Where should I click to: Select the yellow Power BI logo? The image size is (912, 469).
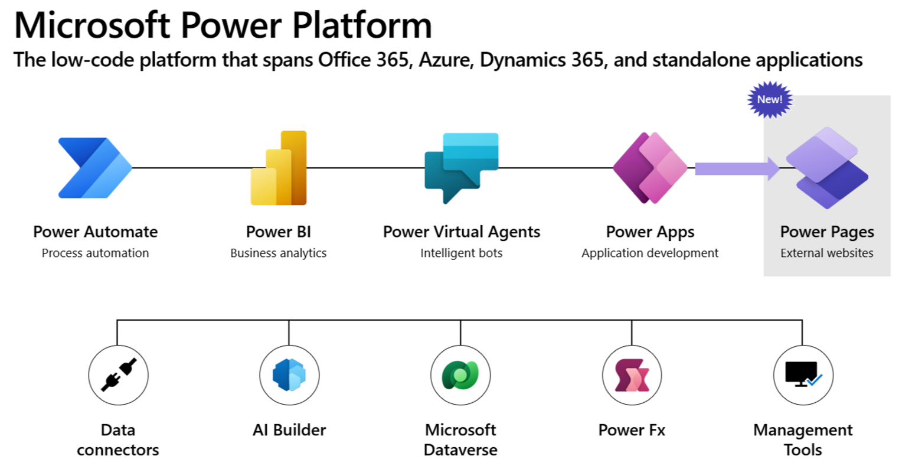click(279, 168)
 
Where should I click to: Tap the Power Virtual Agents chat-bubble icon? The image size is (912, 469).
click(461, 168)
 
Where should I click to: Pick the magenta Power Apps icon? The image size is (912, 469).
click(650, 168)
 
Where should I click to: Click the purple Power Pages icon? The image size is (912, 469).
click(826, 168)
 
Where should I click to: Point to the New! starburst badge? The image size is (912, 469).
click(770, 99)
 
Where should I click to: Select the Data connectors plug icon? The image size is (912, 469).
click(118, 375)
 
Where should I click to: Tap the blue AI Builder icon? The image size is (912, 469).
click(289, 375)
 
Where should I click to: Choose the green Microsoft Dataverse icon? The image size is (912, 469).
click(460, 375)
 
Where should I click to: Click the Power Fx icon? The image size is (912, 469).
click(632, 375)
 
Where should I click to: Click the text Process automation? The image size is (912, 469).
click(95, 253)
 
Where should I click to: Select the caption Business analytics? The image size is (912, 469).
click(278, 253)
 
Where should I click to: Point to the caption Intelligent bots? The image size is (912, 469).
click(461, 253)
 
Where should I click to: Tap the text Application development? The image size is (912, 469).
click(650, 253)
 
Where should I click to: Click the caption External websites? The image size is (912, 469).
click(826, 253)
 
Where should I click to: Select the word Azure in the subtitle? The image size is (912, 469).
click(444, 60)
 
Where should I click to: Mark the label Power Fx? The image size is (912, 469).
click(632, 430)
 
